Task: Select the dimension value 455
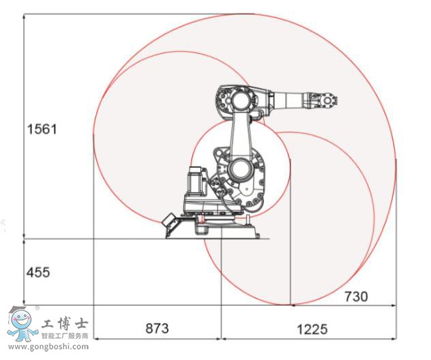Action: [x=38, y=273]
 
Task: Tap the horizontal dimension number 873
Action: [x=157, y=328]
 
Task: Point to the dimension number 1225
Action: [x=312, y=329]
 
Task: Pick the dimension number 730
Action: [x=355, y=296]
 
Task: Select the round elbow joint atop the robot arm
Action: [x=239, y=101]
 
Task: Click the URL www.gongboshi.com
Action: [x=48, y=346]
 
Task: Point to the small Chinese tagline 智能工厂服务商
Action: [x=65, y=335]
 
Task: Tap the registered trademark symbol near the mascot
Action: [x=38, y=308]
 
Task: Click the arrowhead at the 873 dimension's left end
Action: [x=96, y=338]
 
